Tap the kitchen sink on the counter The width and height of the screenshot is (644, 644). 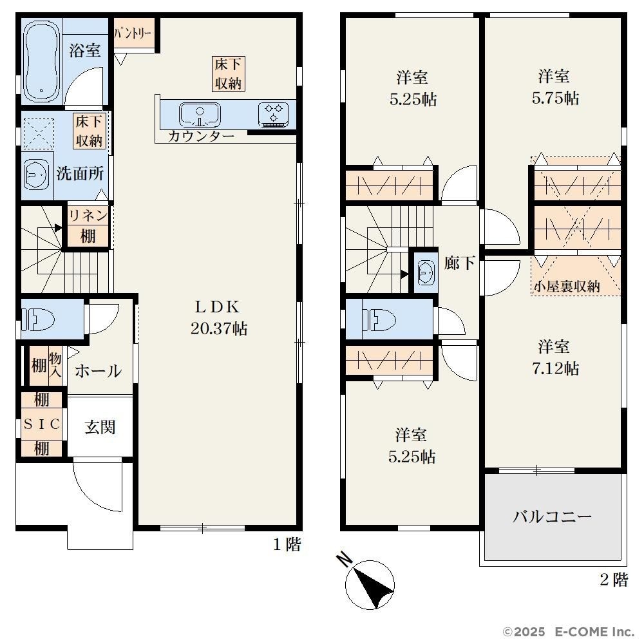(200, 115)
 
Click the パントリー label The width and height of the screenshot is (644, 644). (133, 33)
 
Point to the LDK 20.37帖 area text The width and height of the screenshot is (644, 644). (219, 317)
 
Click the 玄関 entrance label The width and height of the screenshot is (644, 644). (100, 427)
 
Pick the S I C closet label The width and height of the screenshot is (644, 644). (42, 424)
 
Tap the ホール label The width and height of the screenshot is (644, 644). (98, 371)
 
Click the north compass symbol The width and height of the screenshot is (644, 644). (369, 583)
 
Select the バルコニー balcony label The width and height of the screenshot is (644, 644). (553, 516)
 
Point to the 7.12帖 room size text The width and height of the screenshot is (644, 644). (556, 368)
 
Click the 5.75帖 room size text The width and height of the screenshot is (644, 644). (555, 98)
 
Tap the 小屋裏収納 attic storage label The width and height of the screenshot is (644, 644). (567, 287)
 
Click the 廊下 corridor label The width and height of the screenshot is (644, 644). (460, 263)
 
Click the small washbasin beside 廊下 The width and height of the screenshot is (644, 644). (426, 272)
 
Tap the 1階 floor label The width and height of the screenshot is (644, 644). (287, 545)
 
